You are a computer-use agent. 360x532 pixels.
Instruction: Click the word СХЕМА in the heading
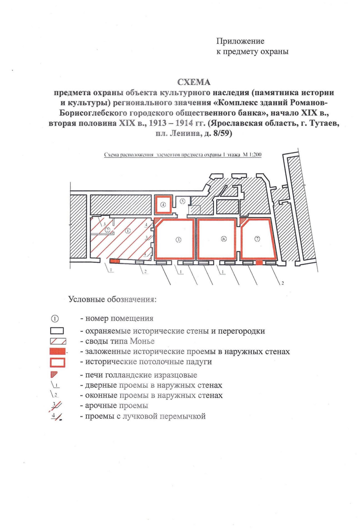click(194, 82)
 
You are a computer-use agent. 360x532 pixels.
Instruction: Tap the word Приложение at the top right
click(240, 41)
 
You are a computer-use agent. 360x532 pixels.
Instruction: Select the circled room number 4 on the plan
click(163, 205)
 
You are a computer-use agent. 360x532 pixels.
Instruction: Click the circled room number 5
click(182, 201)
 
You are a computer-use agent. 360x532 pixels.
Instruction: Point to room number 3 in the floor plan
click(178, 240)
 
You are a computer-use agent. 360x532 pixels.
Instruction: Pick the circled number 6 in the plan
click(223, 239)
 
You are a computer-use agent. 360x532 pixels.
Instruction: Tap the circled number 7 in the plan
click(257, 239)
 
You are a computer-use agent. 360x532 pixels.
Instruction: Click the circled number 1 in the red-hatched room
click(127, 231)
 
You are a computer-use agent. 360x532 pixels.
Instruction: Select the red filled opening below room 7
click(259, 263)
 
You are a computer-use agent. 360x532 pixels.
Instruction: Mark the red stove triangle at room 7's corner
click(243, 221)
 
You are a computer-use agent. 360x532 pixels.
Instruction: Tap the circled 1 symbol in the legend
click(57, 318)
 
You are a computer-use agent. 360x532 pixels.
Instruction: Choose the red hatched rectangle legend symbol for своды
click(58, 341)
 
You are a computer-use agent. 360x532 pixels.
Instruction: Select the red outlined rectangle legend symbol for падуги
click(58, 362)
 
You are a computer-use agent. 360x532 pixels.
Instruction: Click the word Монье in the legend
click(142, 341)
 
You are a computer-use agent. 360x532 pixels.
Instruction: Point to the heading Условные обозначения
click(112, 299)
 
